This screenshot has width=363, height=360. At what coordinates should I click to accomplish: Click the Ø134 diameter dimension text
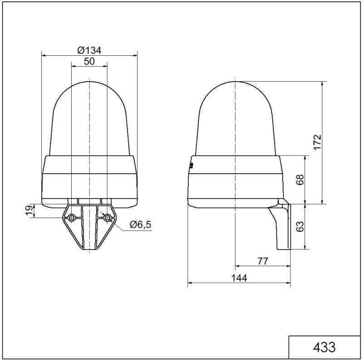click(x=89, y=50)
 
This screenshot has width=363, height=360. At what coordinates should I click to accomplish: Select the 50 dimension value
click(x=89, y=62)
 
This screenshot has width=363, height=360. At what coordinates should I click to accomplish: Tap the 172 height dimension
click(x=318, y=142)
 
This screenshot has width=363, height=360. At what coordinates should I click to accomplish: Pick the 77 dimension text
click(x=263, y=261)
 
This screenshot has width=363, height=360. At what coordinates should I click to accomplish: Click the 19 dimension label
click(x=29, y=210)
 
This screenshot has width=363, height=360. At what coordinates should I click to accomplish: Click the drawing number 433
click(x=325, y=347)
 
